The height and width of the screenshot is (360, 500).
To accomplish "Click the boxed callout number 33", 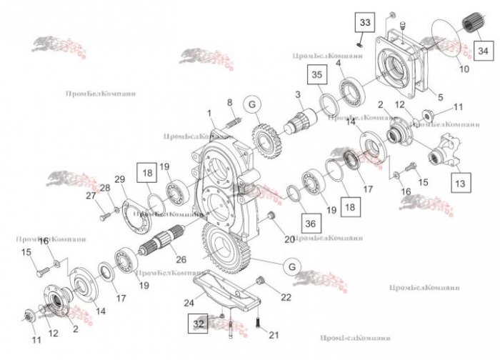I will (x=365, y=24).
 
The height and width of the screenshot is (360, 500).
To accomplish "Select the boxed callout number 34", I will (x=483, y=51).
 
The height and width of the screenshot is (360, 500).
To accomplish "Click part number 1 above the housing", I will (x=210, y=114).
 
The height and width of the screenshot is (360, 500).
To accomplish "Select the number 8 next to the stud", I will (x=229, y=103).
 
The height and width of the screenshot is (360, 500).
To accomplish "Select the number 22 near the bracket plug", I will (x=286, y=297).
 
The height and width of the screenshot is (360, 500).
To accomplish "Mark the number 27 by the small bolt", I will (x=91, y=195).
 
